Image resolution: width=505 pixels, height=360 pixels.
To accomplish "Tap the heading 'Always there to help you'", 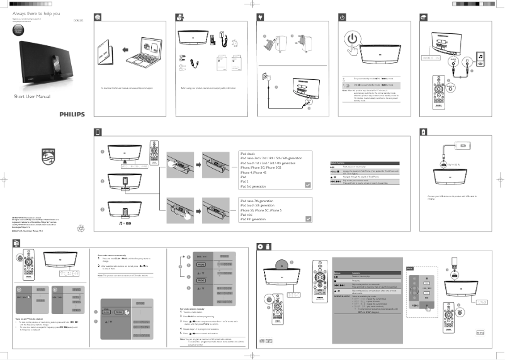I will [x=36, y=13].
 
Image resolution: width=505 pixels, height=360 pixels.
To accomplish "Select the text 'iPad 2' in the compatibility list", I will [x=246, y=181].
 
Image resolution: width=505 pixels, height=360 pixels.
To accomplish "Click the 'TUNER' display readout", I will [x=68, y=273].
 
